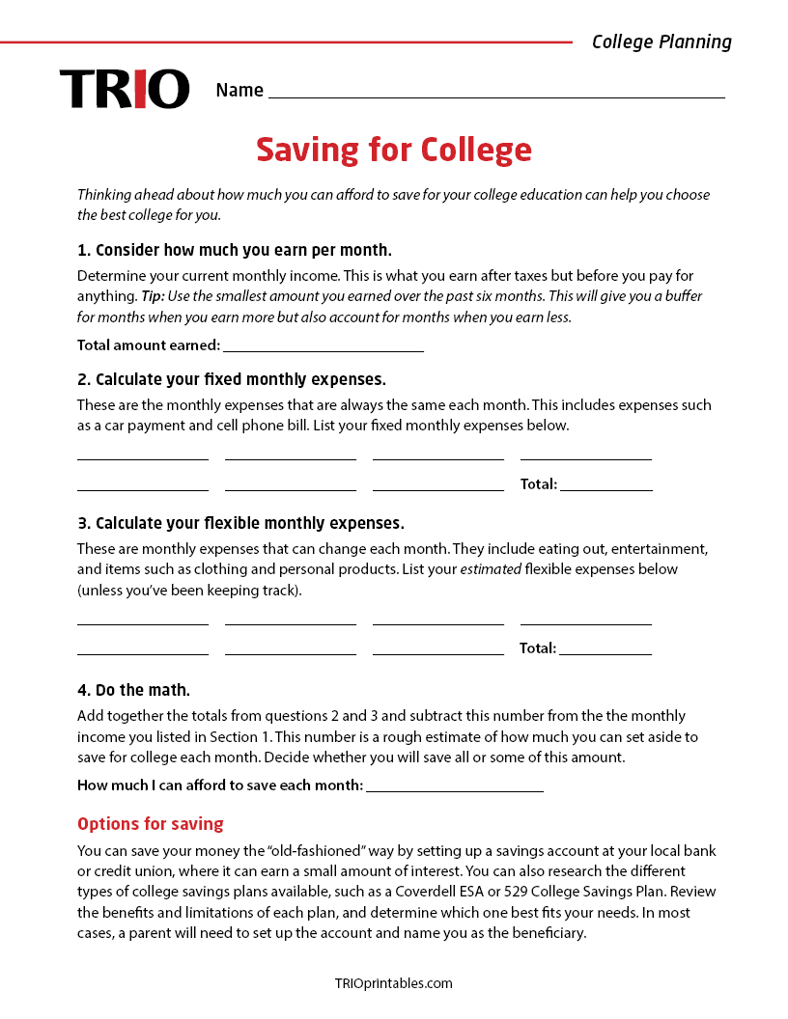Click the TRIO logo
124,89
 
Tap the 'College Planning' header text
661,41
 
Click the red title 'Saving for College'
394,150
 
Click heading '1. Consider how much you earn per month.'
234,251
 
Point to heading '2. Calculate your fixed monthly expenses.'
231,379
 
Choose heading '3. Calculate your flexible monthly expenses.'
240,523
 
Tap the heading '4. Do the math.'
133,690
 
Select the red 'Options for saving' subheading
150,824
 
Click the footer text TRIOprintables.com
393,983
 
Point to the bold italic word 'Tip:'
153,296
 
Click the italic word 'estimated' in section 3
490,569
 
